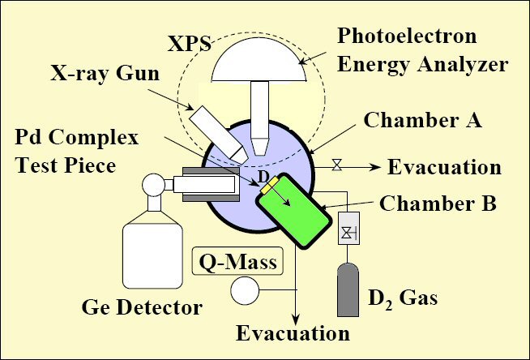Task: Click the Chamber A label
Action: coord(422,122)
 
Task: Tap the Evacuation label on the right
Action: coord(444,168)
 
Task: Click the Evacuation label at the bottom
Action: coord(293,332)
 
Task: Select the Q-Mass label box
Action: coord(237,262)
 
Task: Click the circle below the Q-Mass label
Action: coord(242,289)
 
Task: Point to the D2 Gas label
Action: coord(402,298)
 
